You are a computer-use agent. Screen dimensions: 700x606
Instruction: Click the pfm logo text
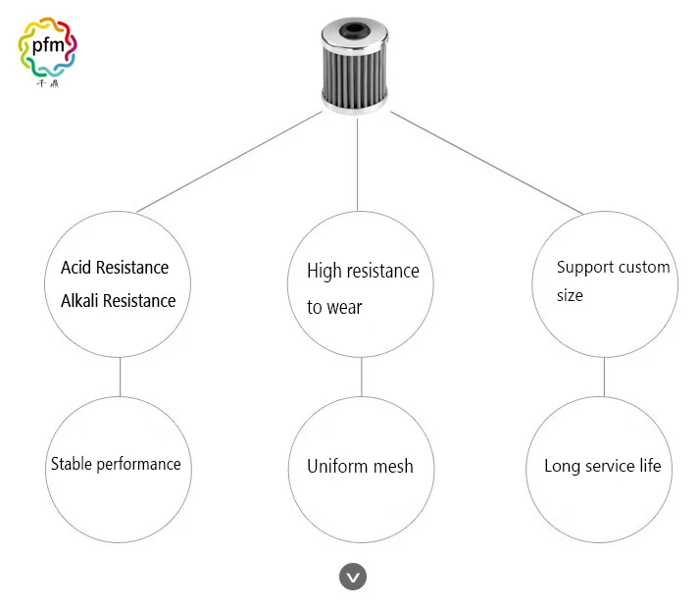[x=48, y=45]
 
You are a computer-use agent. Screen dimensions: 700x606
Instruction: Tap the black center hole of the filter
[x=355, y=30]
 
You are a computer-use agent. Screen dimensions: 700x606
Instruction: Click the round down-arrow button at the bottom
[x=353, y=577]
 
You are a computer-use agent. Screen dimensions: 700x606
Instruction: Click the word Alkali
[x=79, y=300]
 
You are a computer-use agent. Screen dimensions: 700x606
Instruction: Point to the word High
[x=325, y=272]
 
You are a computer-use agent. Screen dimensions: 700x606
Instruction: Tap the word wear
[x=344, y=308]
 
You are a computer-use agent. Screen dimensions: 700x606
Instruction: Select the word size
[x=570, y=295]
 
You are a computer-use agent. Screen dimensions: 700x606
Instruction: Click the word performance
[x=139, y=465]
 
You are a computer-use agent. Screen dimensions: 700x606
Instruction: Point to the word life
[x=650, y=466]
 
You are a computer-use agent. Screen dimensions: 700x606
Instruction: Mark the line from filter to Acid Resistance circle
[x=229, y=162]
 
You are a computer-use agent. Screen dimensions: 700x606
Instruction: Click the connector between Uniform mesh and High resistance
[x=361, y=377]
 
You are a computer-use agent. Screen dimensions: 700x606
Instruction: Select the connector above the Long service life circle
[x=604, y=377]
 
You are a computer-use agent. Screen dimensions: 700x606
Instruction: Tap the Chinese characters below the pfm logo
[x=47, y=83]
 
